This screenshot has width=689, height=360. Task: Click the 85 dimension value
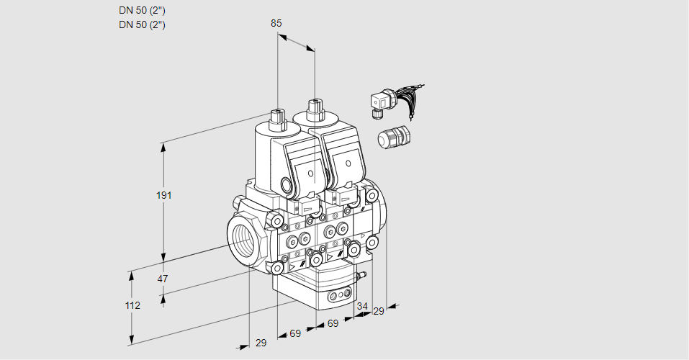point(276,23)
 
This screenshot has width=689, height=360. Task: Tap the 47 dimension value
point(163,279)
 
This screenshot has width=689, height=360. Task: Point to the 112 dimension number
point(132,305)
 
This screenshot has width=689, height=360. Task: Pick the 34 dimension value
point(362,307)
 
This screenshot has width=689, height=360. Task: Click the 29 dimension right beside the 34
point(379,311)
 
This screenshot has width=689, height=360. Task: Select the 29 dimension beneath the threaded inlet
point(261,343)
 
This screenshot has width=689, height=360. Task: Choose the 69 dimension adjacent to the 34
point(333,324)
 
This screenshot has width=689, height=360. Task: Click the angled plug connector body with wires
point(379,103)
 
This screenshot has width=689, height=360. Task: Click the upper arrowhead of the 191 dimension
point(163,147)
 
